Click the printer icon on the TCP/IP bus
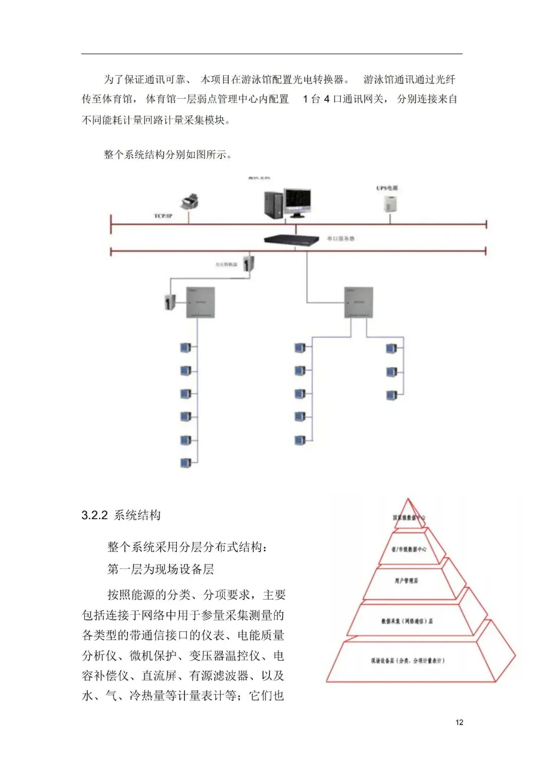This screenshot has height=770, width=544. click(x=189, y=201)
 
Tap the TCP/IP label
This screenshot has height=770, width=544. click(x=163, y=216)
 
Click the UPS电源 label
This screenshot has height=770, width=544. click(x=387, y=188)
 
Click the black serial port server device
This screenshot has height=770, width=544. click(x=292, y=240)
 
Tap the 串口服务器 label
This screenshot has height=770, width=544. click(x=341, y=238)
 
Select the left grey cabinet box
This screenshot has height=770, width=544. click(x=200, y=302)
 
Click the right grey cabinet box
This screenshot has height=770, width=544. click(x=359, y=302)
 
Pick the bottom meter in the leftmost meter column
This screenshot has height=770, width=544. click(x=186, y=463)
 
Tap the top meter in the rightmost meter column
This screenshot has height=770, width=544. click(x=391, y=348)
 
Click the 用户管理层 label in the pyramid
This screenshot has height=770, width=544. click(x=406, y=581)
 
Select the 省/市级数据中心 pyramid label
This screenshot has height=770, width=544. click(x=409, y=549)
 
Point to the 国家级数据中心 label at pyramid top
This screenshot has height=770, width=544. click(x=409, y=518)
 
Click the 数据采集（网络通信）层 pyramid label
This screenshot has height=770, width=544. click(x=407, y=621)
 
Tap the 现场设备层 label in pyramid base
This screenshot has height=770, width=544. click(x=407, y=660)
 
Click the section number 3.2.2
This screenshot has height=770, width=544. click(x=95, y=515)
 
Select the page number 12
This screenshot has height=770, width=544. click(x=459, y=722)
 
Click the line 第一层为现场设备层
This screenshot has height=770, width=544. click(x=161, y=569)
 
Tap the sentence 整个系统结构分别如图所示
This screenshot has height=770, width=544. click(x=168, y=155)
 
